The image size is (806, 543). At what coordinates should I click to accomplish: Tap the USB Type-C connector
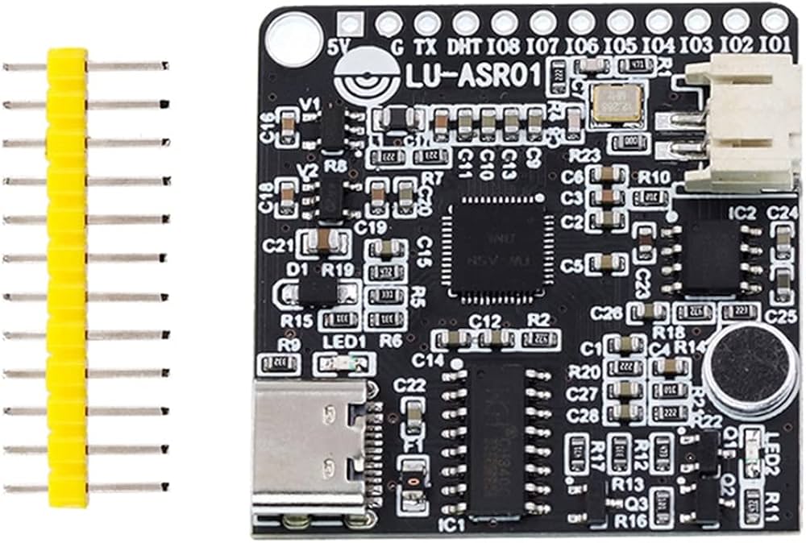tap(310, 451)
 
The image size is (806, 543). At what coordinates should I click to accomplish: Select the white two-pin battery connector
tap(737, 125)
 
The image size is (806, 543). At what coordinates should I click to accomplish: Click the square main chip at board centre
tap(496, 246)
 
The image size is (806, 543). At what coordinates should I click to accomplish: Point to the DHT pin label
tap(464, 47)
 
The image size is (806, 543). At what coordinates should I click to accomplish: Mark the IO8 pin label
tap(504, 47)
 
